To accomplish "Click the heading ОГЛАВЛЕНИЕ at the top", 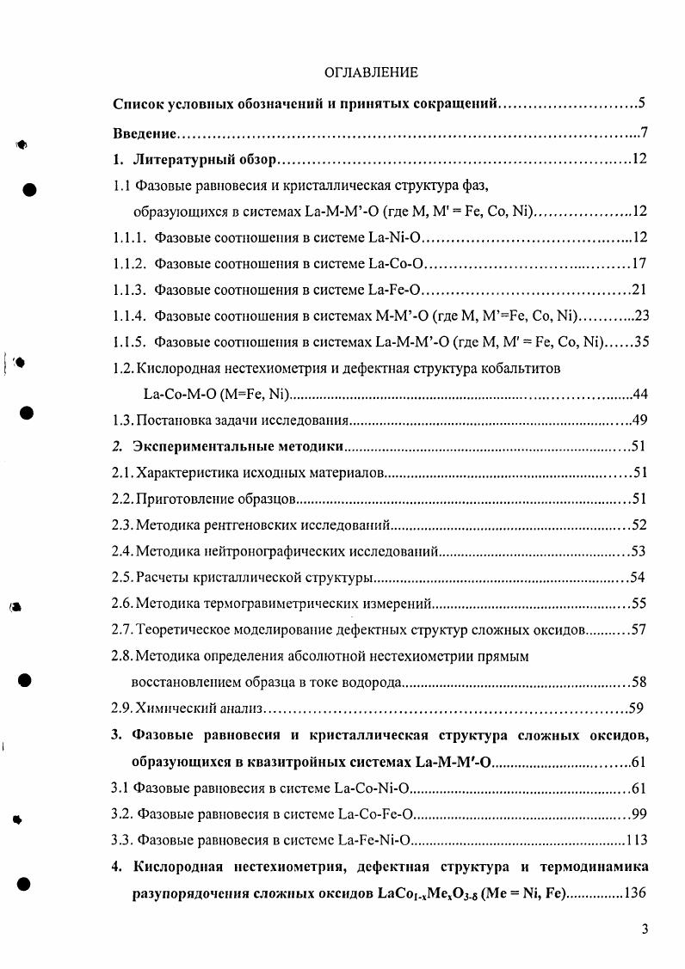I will (x=372, y=72).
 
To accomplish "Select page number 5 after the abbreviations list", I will (x=642, y=105).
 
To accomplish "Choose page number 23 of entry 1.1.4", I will (x=639, y=316).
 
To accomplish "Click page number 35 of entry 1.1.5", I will (x=641, y=341).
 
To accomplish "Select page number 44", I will (x=639, y=395).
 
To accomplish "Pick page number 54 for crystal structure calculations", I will (x=638, y=577).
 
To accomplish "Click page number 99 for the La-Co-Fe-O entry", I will (x=639, y=813).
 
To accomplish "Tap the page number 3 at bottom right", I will (x=644, y=929).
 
